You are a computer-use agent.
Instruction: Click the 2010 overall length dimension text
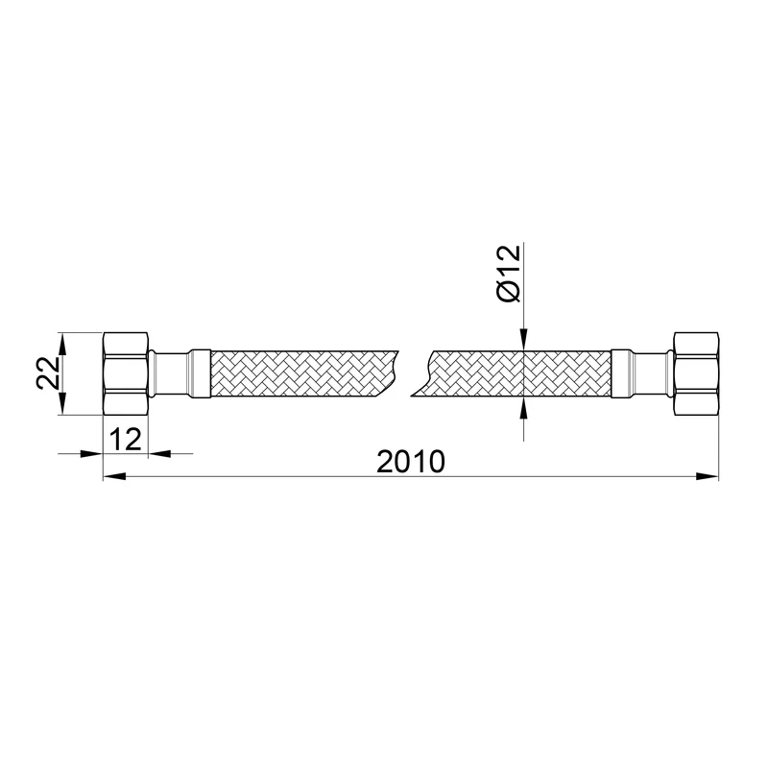[411, 462]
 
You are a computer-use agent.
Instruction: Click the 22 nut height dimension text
[49, 372]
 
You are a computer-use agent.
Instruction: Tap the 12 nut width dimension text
[126, 439]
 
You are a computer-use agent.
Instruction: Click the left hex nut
[126, 373]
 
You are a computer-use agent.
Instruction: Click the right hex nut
[696, 373]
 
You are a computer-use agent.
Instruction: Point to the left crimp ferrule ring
[201, 373]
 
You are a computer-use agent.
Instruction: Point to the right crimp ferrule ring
[620, 373]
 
